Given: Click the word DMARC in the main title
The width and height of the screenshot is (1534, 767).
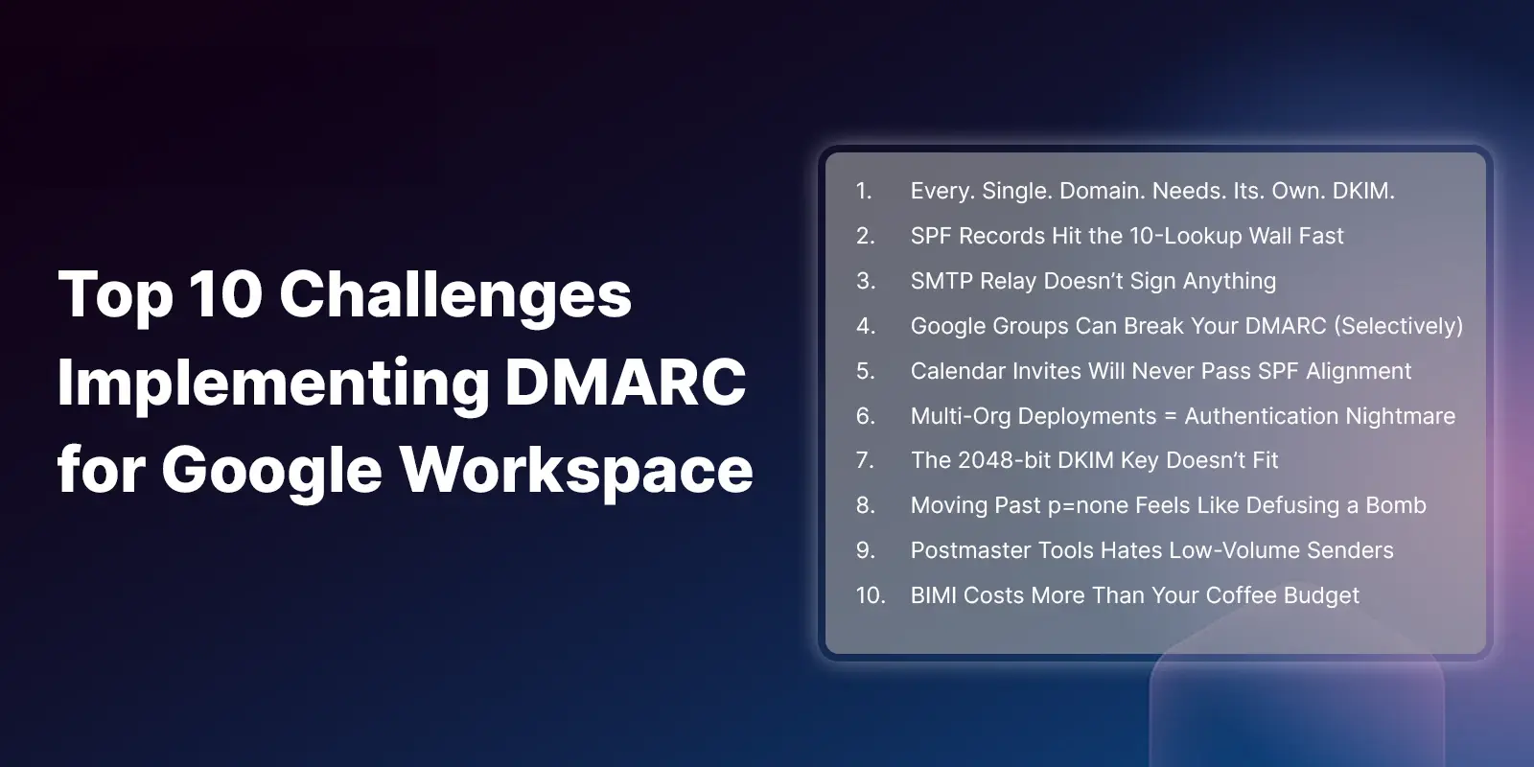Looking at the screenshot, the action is click(x=625, y=383).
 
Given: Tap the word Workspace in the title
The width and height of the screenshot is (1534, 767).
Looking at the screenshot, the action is click(x=576, y=471).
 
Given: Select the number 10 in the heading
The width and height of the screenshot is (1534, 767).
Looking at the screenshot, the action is click(x=225, y=294).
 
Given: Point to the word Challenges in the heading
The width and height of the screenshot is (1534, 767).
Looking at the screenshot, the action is click(x=454, y=296).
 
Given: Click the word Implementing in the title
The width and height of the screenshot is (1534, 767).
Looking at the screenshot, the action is click(x=273, y=384).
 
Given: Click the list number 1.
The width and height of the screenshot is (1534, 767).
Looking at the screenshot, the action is click(x=864, y=191).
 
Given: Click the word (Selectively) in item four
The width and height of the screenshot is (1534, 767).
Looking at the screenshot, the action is click(x=1398, y=326).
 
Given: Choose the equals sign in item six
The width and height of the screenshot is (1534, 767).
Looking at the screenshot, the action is click(x=1171, y=416).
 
